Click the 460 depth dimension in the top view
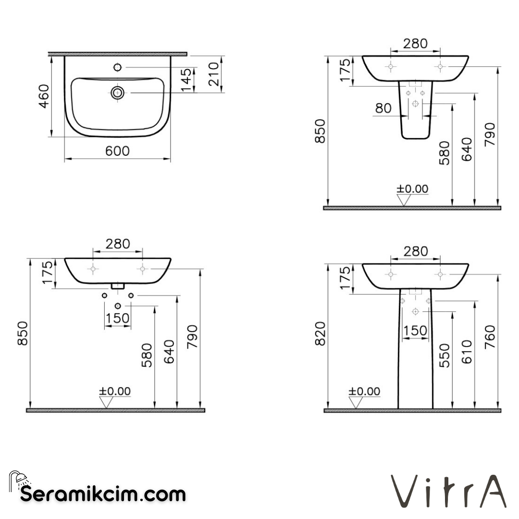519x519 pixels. pos(44,96)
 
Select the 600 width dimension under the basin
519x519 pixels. pos(118,151)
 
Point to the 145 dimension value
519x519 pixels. pos(186,80)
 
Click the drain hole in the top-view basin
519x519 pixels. pos(117,92)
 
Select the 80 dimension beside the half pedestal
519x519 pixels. pos(383,108)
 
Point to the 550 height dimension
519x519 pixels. pos(445,356)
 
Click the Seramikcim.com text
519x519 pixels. pos(103,494)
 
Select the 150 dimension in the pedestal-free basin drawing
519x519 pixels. pos(118,318)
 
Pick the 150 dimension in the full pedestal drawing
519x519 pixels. pos(415,331)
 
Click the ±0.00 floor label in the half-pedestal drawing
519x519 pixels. pos(412,189)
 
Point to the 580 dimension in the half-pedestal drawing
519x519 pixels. pos(445,153)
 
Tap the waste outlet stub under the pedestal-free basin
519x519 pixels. pos(118,286)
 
